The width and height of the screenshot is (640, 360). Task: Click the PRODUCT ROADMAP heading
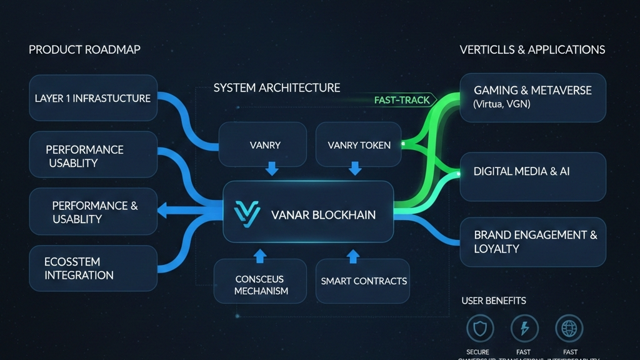[84, 50]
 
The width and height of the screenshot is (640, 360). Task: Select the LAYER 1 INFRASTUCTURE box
[93, 99]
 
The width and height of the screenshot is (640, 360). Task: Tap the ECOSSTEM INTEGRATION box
[93, 268]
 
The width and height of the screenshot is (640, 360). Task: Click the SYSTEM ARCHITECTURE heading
[277, 87]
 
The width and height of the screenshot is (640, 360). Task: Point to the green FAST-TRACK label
[402, 100]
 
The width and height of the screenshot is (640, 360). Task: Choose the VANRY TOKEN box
[359, 145]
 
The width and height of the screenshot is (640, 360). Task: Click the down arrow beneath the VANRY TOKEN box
[355, 168]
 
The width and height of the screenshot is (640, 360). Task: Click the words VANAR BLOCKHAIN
[323, 215]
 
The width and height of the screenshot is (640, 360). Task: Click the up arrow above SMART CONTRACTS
[353, 255]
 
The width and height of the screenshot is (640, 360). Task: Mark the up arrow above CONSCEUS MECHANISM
[260, 255]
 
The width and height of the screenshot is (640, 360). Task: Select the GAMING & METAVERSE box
[532, 97]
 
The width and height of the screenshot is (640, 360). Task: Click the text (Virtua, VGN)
[502, 104]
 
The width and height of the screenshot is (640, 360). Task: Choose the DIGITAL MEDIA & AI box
[532, 176]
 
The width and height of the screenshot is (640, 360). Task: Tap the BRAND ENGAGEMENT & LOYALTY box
[532, 242]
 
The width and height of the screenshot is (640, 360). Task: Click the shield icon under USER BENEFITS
[479, 327]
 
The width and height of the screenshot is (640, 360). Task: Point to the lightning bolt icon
[524, 327]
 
